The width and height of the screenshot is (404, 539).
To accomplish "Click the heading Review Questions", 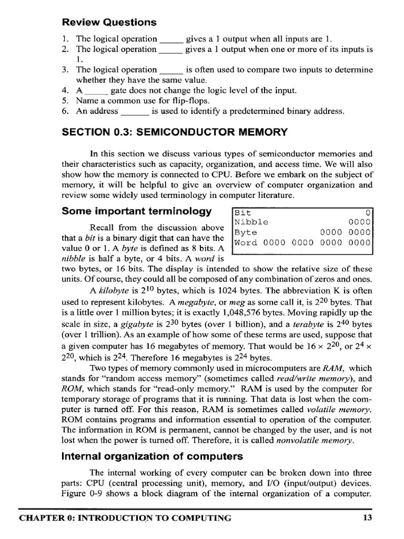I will tap(109, 22).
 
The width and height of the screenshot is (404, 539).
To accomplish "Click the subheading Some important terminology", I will tap(137, 212).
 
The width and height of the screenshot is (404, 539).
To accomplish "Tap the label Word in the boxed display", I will tap(246, 243).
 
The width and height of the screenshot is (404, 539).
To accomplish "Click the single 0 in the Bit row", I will tap(368, 212).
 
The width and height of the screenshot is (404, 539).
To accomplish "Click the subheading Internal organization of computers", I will tap(145, 456).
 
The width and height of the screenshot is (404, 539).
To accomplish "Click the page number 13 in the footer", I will tap(368, 518).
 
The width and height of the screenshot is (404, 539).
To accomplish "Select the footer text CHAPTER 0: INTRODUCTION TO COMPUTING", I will tap(125, 518).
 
